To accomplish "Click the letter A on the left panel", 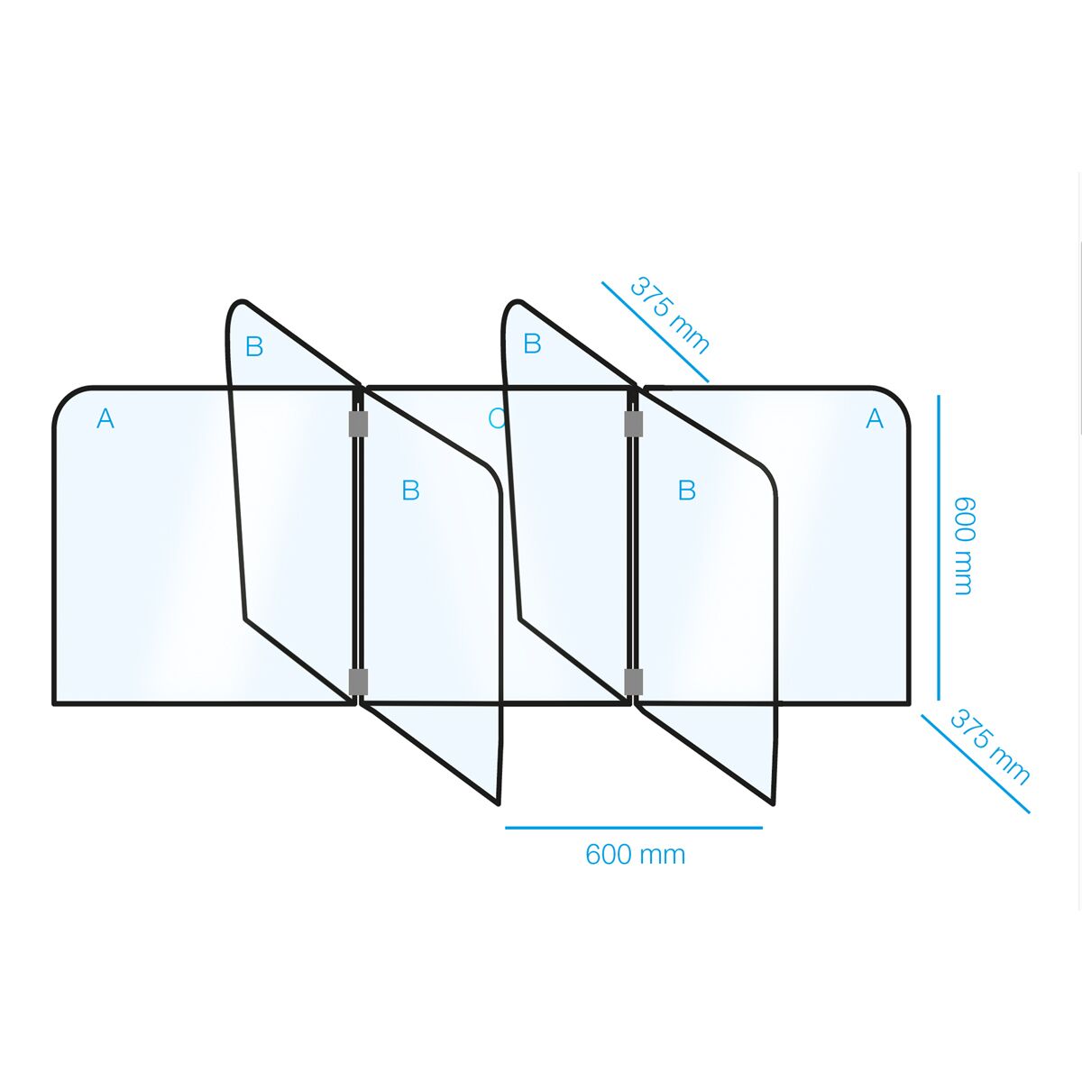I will coord(105,418).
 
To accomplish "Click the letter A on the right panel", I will coord(875,418).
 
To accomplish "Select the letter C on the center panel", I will coord(495,418).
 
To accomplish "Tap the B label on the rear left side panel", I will coord(254,346).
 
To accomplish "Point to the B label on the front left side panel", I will coord(410,491).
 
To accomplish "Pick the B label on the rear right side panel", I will coord(532,344).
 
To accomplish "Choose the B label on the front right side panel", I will coord(687,491).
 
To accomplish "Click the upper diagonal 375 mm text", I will coord(670,315).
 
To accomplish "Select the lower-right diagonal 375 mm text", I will coord(990,747).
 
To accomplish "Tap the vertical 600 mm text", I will coord(964,546).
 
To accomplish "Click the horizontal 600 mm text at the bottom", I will coord(635,854).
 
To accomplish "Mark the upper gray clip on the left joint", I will coord(358,424).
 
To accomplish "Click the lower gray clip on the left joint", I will coord(358,682).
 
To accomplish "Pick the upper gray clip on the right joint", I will coord(633,424).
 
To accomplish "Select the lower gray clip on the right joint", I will coord(633,682).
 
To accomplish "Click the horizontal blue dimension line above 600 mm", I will coord(633,827).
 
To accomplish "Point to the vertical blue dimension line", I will coord(938,546).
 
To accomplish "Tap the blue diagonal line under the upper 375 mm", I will coord(656,332).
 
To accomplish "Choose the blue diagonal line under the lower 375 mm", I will coord(975,764).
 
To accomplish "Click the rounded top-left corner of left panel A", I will coord(68,400).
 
